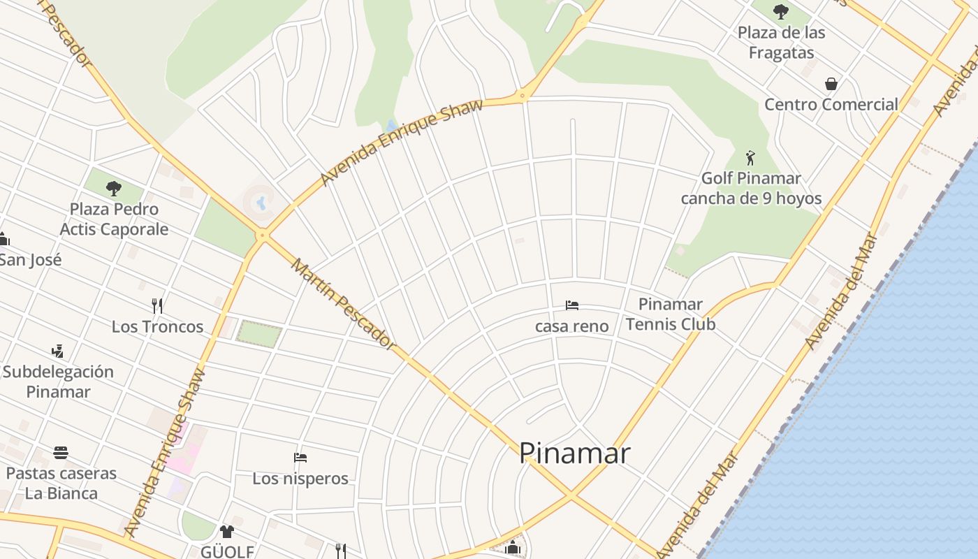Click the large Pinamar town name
574,453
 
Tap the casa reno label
571,326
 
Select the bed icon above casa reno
571,305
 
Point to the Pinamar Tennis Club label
670,314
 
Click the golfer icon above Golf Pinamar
750,157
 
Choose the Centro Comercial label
831,105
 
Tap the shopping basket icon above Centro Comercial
831,84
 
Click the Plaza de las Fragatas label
781,43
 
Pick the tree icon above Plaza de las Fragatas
781,11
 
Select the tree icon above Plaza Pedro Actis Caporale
113,188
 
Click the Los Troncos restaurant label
157,326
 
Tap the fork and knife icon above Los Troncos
157,305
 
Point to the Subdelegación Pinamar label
58,382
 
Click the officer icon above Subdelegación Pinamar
58,351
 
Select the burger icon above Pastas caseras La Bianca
61,452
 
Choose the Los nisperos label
300,479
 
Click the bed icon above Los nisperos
300,458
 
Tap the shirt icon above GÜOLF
226,532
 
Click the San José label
31,260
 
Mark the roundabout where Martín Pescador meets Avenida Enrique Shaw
262,235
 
